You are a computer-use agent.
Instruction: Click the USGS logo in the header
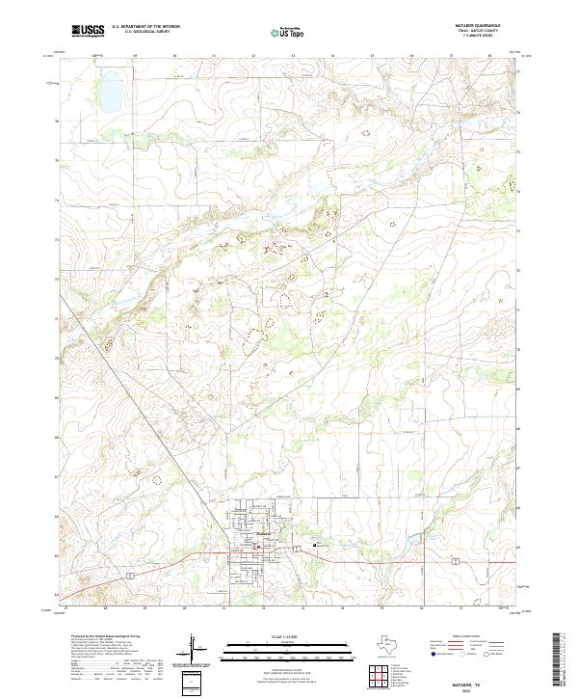pyautogui.click(x=88, y=30)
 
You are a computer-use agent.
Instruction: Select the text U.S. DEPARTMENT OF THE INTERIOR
pyautogui.click(x=146, y=26)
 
